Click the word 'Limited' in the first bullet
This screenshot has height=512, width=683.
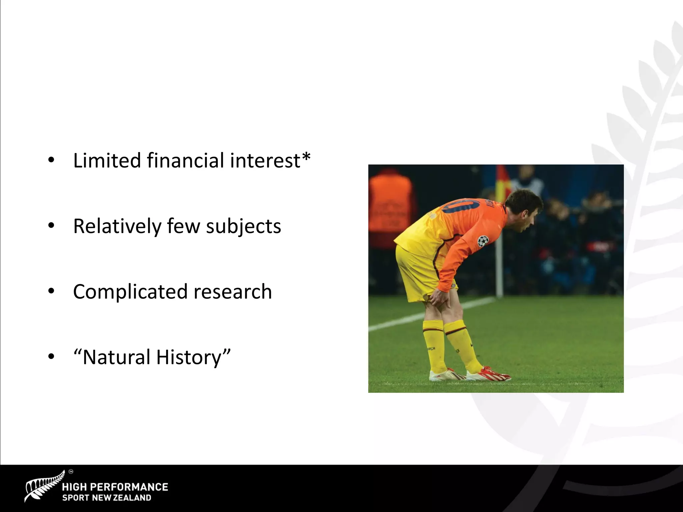coord(107,160)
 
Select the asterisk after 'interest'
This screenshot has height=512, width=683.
coord(306,156)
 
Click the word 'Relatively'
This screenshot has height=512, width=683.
coord(117,226)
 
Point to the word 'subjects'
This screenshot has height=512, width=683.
coord(243,227)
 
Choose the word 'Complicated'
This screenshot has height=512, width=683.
coord(130,292)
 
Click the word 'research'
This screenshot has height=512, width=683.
coord(232,292)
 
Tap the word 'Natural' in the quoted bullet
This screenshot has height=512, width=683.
coord(116,357)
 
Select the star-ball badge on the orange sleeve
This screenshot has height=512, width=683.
coord(483,241)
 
